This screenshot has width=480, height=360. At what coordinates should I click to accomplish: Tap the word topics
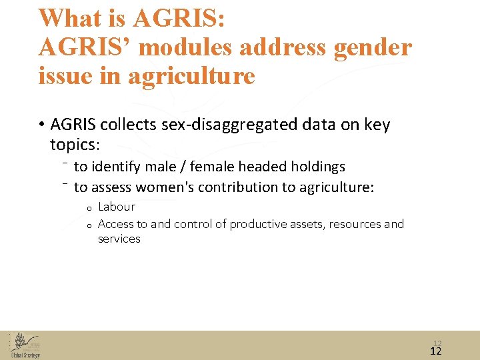coord(74,145)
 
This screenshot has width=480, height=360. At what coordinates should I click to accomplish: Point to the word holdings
coord(317,166)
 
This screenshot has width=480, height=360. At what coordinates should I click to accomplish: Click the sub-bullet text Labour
coord(117,207)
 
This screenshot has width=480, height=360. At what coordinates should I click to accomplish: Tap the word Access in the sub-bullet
coord(115,224)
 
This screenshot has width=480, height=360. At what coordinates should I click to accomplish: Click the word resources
coord(355,224)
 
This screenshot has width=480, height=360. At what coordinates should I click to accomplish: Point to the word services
coord(119,239)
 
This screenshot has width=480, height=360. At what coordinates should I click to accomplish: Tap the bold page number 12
coord(437,351)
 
